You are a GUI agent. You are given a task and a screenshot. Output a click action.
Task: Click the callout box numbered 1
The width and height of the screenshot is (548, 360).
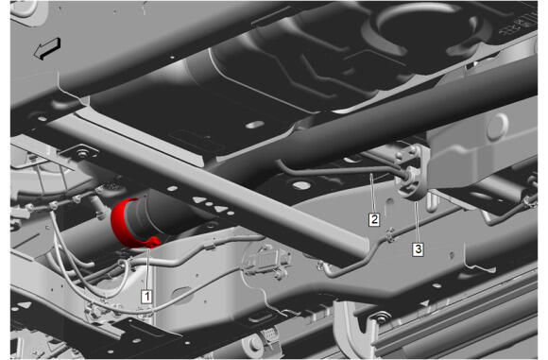coord(146,297)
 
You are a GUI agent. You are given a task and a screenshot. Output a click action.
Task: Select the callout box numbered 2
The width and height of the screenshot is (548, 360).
coord(374,219)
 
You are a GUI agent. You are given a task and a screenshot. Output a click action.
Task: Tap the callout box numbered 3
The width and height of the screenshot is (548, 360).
coord(418,249)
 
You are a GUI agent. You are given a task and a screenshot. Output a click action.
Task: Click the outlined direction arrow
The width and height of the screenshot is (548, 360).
coord(47,48)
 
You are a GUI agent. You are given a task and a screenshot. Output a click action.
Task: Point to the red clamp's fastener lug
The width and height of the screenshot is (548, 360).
coord(153,242)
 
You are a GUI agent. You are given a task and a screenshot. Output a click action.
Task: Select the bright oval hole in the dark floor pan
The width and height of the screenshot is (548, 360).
coord(255,125)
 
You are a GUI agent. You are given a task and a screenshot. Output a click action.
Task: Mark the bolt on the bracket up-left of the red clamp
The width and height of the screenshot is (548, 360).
coord(82,154)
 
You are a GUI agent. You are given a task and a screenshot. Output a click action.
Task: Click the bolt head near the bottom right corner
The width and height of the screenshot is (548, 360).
coord(380,318)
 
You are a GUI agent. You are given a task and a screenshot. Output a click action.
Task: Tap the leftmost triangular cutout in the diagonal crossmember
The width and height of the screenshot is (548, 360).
coord(199,199)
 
